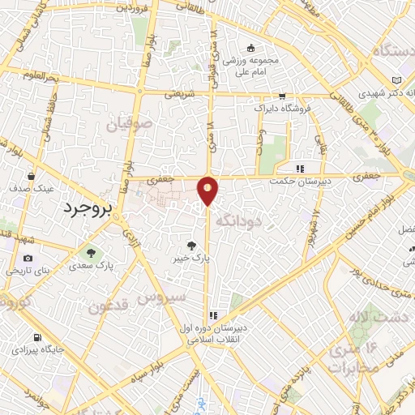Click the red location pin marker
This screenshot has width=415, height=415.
click(x=208, y=190)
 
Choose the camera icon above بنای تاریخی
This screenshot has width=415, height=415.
click(x=28, y=258)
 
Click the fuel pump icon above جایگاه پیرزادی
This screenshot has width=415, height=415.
click(x=36, y=337)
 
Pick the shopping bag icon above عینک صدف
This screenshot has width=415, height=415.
click(x=32, y=175)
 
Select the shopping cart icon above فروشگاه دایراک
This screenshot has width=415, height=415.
click(x=281, y=95)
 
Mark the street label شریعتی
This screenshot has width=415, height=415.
click(x=181, y=94)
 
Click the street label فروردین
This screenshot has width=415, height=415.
click(x=133, y=8)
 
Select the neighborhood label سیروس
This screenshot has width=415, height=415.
click(x=161, y=297)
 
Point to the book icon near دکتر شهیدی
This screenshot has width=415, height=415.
click(x=395, y=81)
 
